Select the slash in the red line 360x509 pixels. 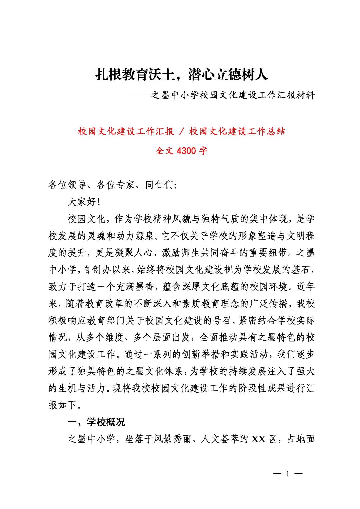tap(182, 131)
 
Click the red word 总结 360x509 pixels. tap(277, 131)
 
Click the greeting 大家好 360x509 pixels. tap(82, 202)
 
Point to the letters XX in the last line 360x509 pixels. tap(258, 439)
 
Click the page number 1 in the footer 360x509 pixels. tap(287, 473)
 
